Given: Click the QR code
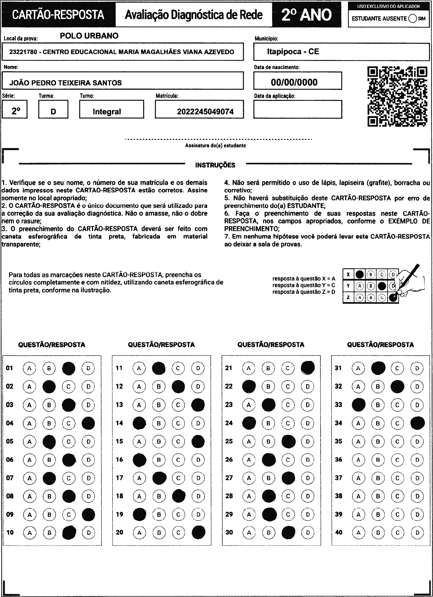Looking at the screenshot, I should coord(397,97).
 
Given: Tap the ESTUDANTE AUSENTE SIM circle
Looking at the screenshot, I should coord(412,19).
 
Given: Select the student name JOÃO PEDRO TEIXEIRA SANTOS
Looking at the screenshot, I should coord(66,83).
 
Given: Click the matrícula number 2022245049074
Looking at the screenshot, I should coord(205,112).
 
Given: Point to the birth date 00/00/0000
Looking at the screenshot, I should coord(294,82).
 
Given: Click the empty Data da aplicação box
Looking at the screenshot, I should coord(298,109).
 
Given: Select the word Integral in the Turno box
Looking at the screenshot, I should coord(107,112).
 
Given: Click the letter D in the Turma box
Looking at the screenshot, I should coord(53,112).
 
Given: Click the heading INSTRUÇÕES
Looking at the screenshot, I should coord(215,165).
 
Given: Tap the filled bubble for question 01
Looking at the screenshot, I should coord(69,368).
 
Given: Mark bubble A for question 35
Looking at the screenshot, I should coord(358,441).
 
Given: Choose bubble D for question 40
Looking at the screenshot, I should coord(417,533).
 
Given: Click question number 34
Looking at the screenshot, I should coord(338,423).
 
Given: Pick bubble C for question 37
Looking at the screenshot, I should coord(397,478).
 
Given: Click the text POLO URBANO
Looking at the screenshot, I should coord(89,36).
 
